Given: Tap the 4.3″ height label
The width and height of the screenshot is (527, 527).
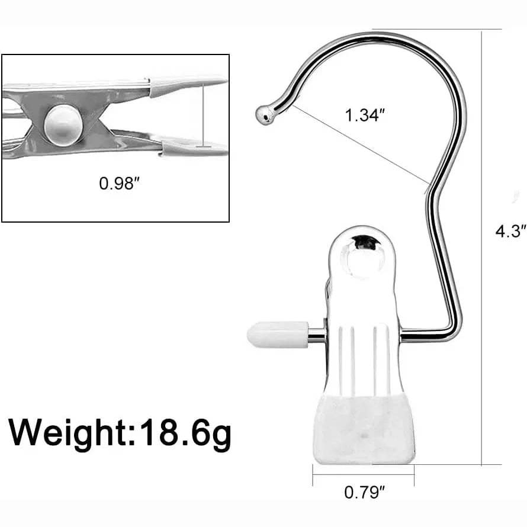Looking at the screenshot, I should [510, 232].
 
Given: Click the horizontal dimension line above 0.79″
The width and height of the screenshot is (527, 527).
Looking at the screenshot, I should [364, 474].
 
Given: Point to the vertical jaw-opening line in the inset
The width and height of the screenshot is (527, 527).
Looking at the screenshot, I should [203, 115].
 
